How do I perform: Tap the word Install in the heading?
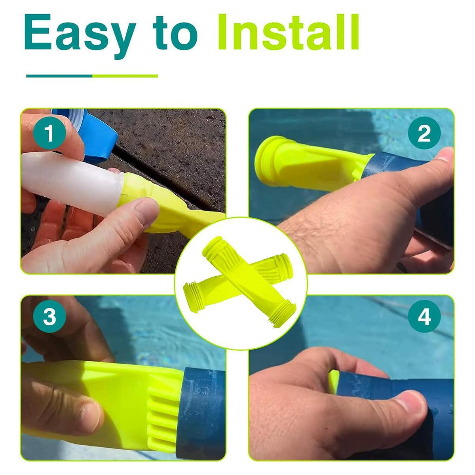(288, 32)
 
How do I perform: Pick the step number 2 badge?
(424, 133)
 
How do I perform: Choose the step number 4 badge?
(424, 316)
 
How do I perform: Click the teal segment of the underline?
(59, 76)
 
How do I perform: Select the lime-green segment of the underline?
(125, 76)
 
